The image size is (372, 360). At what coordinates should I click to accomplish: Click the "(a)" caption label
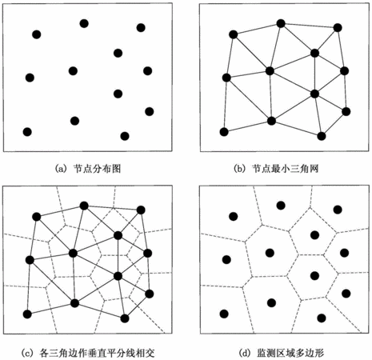[x=60, y=169]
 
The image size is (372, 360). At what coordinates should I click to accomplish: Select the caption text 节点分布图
[x=97, y=169]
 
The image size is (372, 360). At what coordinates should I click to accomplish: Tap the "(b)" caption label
[x=239, y=169]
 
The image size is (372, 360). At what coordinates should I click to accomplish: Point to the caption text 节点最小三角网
[x=286, y=169]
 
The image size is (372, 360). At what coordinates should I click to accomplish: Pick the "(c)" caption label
[x=26, y=353]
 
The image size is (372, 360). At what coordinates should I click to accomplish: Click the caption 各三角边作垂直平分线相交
[x=97, y=353]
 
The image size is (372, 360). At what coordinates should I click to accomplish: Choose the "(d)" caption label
[x=244, y=353]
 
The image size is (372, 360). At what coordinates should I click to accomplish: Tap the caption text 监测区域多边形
[x=290, y=353]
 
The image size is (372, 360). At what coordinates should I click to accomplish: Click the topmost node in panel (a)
[x=84, y=23]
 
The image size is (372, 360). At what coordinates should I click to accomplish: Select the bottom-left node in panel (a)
[x=27, y=132]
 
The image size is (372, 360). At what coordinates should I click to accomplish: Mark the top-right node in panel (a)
[x=141, y=27]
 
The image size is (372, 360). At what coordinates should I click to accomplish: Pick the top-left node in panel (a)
[x=37, y=34]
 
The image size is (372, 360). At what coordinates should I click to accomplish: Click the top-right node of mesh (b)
[x=338, y=27]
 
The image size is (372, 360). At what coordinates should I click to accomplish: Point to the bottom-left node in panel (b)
[x=224, y=132]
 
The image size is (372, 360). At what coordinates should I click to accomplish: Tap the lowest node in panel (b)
[x=322, y=136]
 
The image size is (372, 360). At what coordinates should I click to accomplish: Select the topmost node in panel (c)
[x=84, y=206]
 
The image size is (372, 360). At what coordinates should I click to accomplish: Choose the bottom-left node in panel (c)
[x=27, y=314]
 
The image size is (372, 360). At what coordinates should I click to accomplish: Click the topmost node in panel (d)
[x=281, y=206]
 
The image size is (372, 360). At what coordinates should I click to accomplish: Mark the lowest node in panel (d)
[x=322, y=318]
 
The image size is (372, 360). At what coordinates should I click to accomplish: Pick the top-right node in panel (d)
[x=338, y=210]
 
